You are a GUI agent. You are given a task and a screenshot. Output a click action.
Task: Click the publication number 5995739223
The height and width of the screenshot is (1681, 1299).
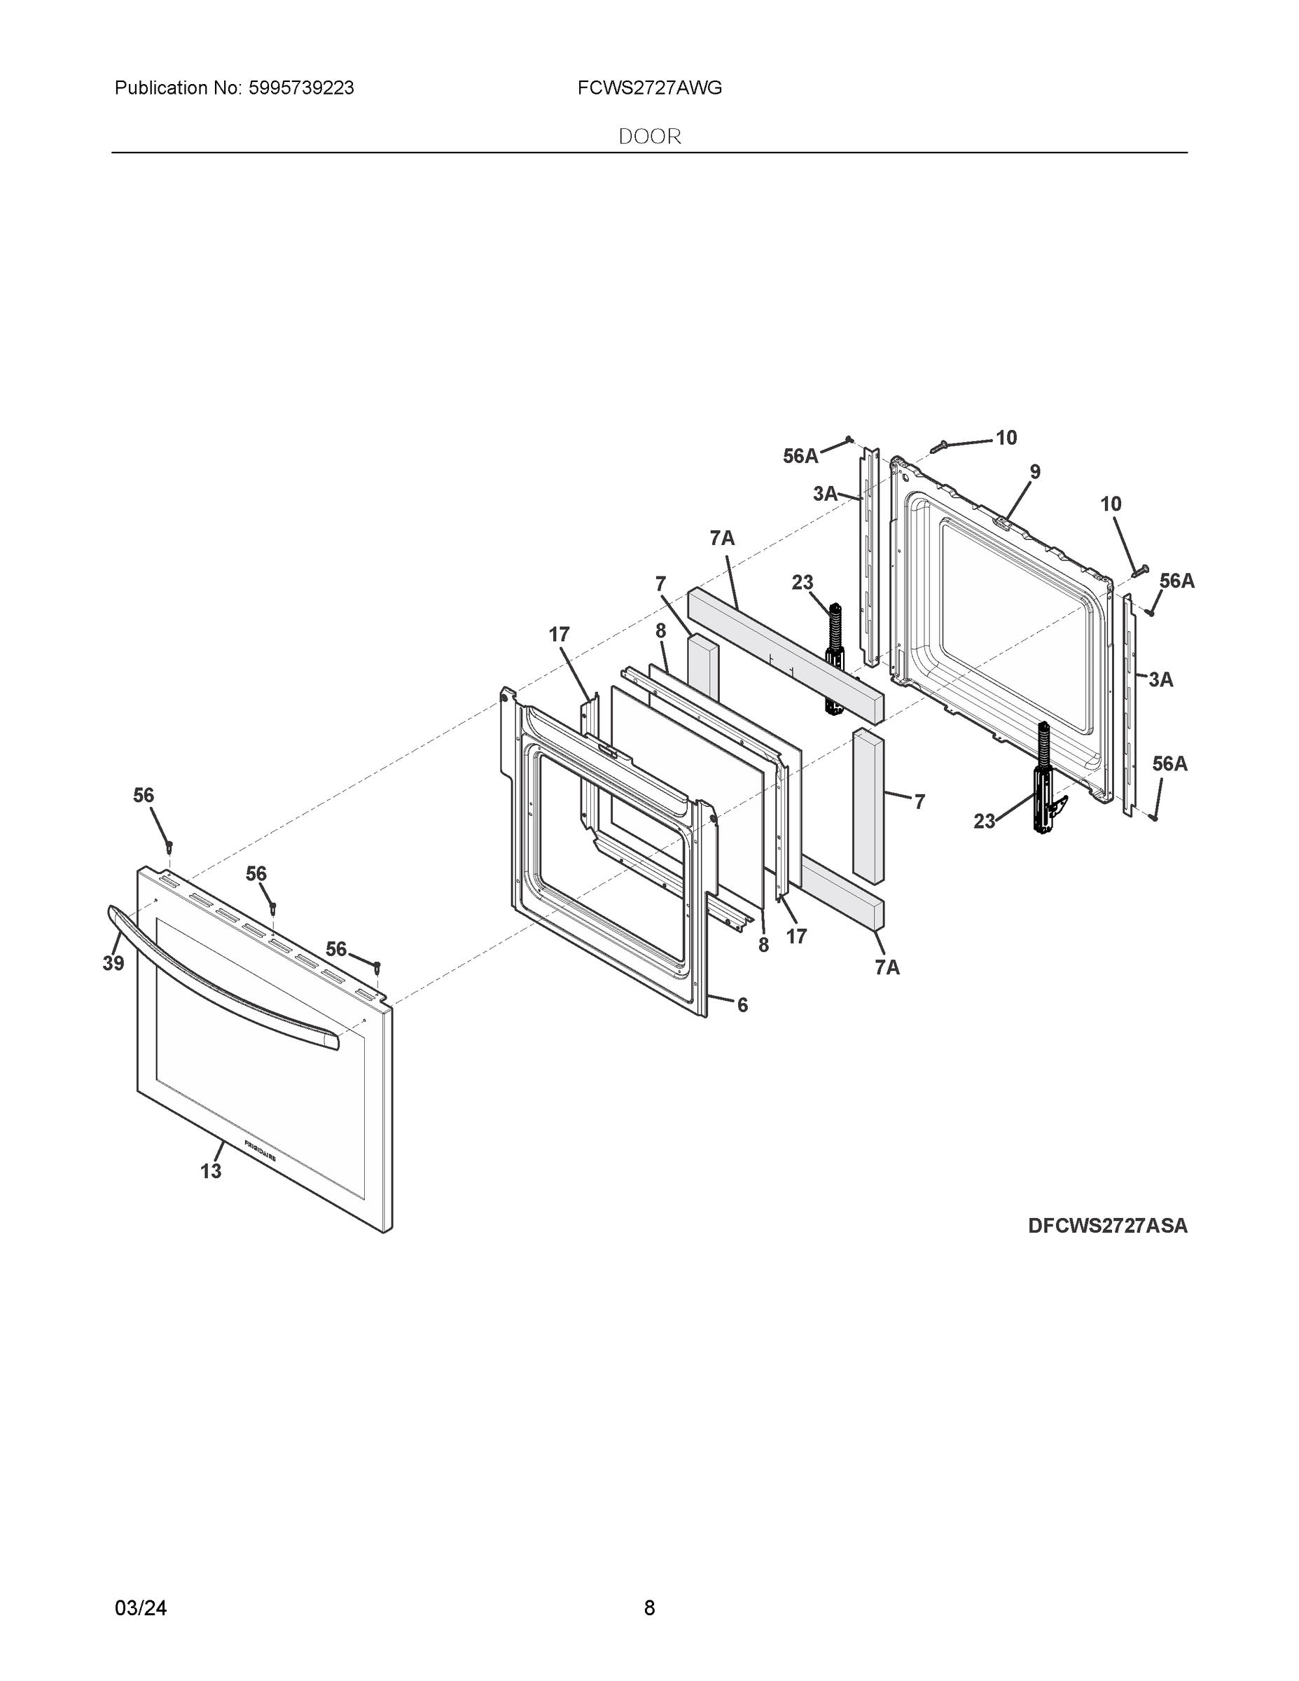301,88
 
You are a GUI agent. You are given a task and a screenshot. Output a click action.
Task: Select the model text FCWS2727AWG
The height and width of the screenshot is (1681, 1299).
650,88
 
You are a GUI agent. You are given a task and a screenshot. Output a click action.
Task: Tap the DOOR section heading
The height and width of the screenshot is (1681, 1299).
650,137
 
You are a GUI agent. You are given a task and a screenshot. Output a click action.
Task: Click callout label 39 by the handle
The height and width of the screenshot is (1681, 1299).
113,963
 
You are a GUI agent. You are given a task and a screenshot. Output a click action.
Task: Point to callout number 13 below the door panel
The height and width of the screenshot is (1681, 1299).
211,1170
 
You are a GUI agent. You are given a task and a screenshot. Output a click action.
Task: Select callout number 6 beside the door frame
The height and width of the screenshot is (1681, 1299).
742,1004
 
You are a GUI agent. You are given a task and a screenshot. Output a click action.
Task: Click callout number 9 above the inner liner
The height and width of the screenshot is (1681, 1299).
1035,472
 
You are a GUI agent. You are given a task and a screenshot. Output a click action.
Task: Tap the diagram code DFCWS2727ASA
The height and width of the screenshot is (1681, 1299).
1107,1225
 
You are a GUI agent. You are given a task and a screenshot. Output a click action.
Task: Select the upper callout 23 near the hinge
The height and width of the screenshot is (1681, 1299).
802,583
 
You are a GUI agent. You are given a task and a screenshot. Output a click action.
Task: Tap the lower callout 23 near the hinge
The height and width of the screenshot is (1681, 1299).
985,822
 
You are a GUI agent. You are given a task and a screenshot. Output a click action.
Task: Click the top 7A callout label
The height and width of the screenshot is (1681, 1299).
722,539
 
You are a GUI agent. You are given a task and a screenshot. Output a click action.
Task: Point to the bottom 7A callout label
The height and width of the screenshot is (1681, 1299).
887,967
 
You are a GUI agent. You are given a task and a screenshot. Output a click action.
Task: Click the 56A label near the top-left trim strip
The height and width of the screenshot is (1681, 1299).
800,457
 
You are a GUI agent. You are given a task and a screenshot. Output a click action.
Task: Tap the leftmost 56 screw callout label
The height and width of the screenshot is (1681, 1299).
144,795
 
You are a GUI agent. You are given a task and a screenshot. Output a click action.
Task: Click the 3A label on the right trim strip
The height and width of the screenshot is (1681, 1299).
1160,679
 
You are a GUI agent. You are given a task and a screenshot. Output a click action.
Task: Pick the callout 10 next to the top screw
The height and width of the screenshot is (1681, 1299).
1006,437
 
